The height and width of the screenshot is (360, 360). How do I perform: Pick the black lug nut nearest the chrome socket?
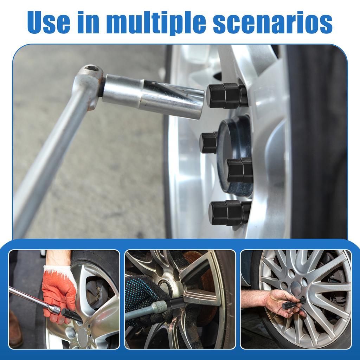pyautogui.click(x=227, y=96)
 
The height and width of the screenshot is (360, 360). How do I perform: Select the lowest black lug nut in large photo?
pyautogui.click(x=229, y=213)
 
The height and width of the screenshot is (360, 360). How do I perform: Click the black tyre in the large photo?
pyautogui.click(x=316, y=141)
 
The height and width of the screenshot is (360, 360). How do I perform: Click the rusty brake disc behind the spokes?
pyautogui.click(x=207, y=281)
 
